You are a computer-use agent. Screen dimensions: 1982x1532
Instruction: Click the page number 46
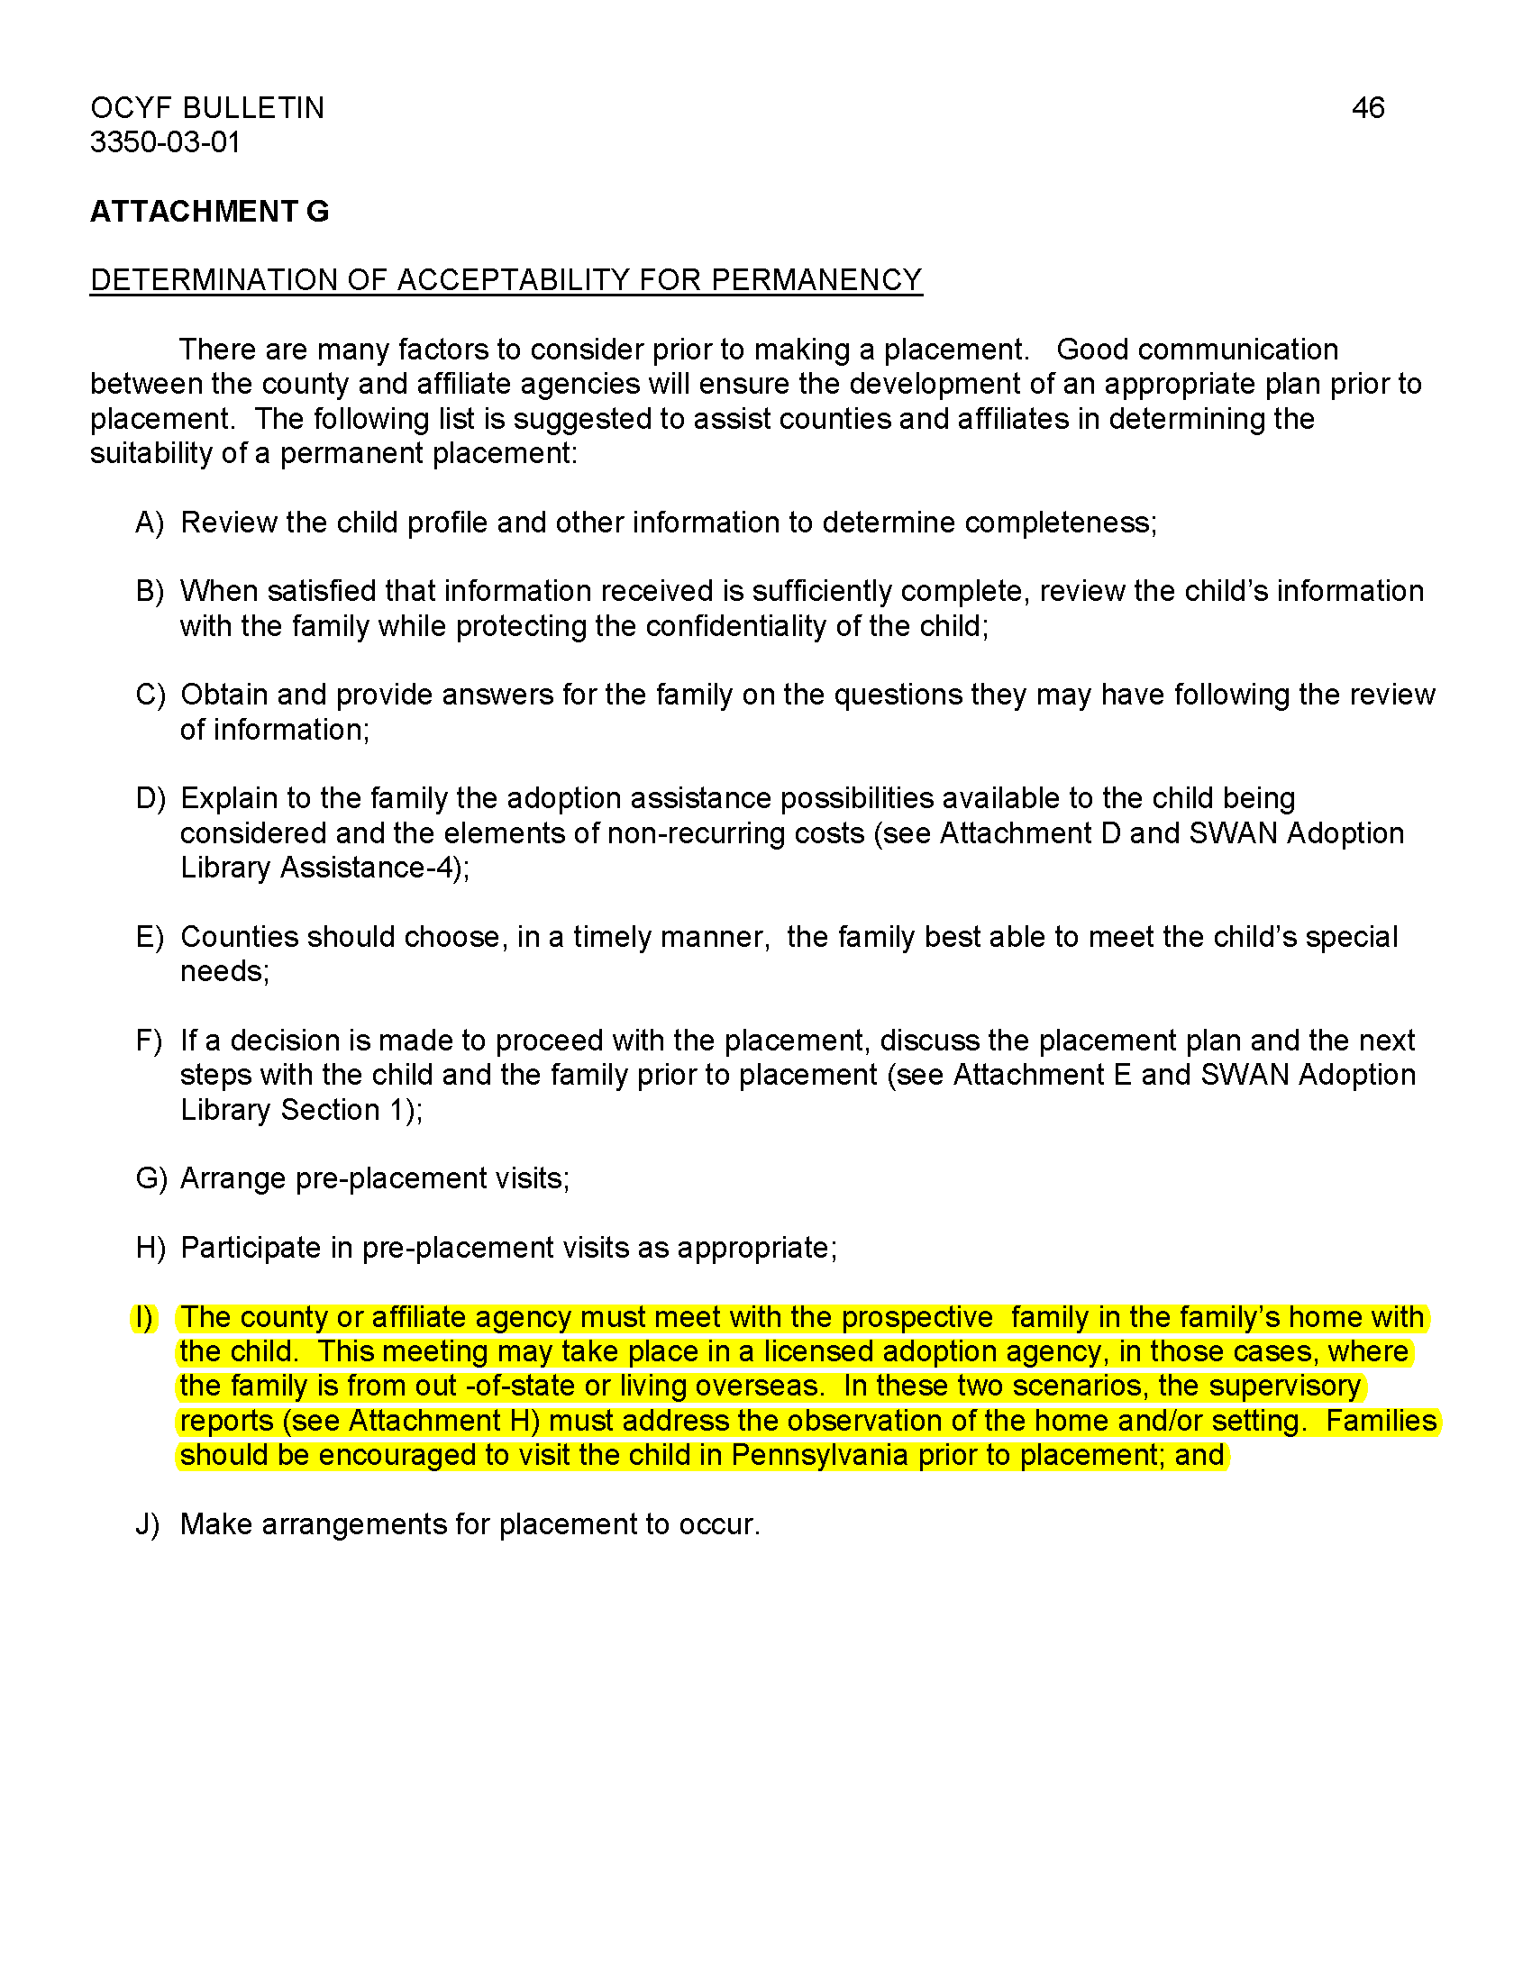(1367, 108)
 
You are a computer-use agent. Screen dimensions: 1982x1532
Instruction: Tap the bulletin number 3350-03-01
(164, 142)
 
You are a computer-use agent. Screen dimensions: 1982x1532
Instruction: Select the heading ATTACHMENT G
(209, 212)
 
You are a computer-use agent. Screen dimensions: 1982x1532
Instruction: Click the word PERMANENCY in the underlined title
(816, 279)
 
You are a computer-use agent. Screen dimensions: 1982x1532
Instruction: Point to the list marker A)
(149, 523)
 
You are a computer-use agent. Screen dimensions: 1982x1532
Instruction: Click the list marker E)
(149, 937)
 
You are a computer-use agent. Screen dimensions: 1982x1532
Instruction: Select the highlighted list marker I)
(143, 1317)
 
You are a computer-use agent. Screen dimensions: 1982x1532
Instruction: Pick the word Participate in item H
(251, 1248)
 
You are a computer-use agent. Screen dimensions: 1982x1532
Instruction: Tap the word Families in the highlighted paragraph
(1381, 1420)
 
